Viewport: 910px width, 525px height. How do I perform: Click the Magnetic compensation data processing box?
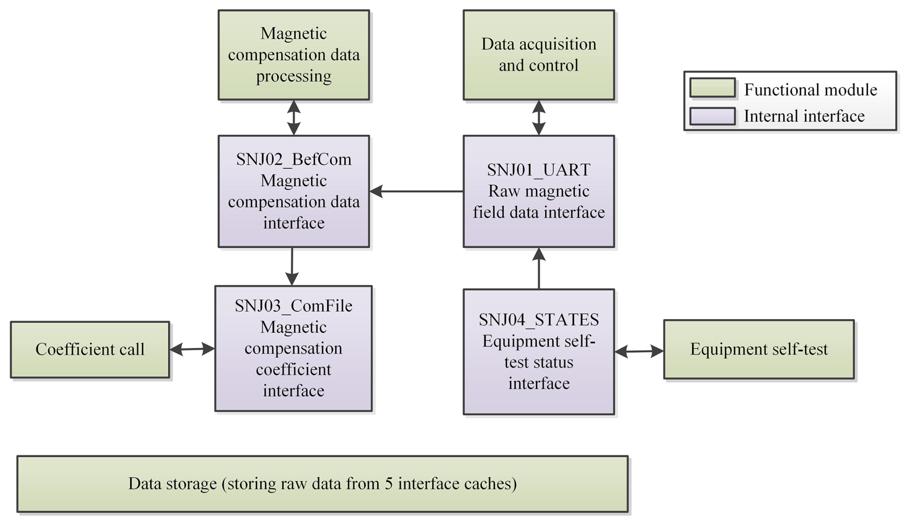coord(293,55)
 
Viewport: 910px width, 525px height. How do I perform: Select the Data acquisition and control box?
coord(538,55)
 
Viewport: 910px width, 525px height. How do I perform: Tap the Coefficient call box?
coord(90,349)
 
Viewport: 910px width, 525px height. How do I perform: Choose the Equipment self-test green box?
coord(758,349)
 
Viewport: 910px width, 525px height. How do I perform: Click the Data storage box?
coord(322,484)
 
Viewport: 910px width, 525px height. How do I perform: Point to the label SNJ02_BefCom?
coord(293,159)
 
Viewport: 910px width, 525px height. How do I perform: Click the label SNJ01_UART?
coord(539,170)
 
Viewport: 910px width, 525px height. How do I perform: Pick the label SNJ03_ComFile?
coord(293,306)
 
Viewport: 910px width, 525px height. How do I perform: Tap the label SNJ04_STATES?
coord(539,320)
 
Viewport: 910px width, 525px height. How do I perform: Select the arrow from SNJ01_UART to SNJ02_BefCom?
coord(417,191)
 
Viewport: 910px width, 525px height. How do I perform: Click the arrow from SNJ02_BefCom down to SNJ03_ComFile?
coord(292,266)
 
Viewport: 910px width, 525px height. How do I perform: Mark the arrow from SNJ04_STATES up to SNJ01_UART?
coord(539,268)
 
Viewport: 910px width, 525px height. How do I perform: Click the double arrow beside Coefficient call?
coord(192,349)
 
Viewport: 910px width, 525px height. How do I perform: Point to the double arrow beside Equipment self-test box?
coord(639,351)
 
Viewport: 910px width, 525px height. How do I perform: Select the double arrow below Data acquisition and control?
coord(539,117)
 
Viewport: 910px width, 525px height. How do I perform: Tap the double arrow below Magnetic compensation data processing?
coord(293,117)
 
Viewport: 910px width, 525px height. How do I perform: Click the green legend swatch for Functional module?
coord(712,88)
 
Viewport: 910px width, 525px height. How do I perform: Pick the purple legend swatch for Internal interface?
coord(712,116)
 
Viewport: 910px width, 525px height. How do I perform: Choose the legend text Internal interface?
coord(804,116)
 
